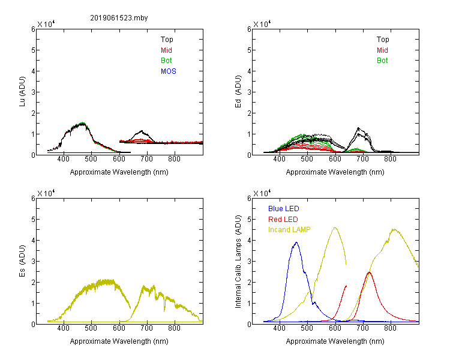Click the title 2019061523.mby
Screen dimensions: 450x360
click(119, 18)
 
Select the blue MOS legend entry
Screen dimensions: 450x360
click(169, 71)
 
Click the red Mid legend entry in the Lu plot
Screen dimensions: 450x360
click(166, 50)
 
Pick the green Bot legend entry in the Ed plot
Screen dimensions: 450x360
click(382, 61)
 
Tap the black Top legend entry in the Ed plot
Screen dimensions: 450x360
click(383, 40)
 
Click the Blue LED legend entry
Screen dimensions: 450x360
click(284, 209)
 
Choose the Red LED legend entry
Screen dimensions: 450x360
click(283, 220)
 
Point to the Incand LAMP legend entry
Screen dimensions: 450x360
click(289, 230)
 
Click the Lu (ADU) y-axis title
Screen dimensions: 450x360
click(22, 91)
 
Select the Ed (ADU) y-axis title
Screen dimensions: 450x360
click(238, 91)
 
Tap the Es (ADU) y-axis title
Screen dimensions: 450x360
click(22, 260)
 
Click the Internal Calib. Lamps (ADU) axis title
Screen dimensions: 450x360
click(238, 262)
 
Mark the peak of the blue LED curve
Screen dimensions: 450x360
click(296, 242)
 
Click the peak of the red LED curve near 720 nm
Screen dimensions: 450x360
click(370, 272)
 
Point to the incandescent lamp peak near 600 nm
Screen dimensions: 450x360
click(335, 227)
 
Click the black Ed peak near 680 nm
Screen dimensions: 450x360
click(358, 128)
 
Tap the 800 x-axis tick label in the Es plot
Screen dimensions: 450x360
click(174, 328)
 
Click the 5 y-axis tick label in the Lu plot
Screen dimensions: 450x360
click(33, 50)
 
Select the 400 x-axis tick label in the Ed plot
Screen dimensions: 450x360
click(279, 159)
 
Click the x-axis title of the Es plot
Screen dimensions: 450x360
click(119, 341)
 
